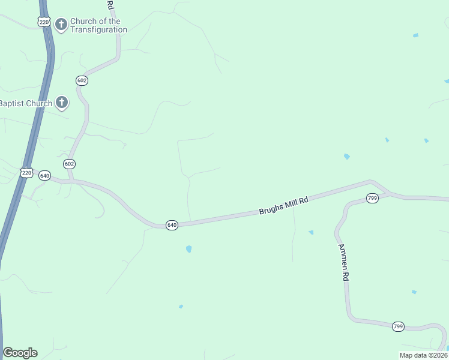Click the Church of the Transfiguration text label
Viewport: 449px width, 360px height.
pyautogui.click(x=98, y=25)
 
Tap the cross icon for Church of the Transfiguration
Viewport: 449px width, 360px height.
pyautogui.click(x=61, y=25)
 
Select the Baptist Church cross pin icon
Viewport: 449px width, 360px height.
pyautogui.click(x=62, y=103)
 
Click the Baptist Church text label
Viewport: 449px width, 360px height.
pyautogui.click(x=26, y=103)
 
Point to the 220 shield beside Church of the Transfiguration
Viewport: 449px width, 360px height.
pyautogui.click(x=43, y=22)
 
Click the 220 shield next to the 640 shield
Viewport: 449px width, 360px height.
pyautogui.click(x=26, y=172)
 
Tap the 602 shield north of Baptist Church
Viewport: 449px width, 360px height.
pyautogui.click(x=82, y=80)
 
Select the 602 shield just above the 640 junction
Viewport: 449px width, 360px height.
pyautogui.click(x=69, y=164)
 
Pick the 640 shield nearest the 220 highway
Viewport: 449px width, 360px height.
pyautogui.click(x=44, y=176)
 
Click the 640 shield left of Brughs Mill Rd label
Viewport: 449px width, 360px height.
pyautogui.click(x=172, y=225)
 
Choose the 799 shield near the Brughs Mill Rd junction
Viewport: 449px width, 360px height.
pyautogui.click(x=372, y=198)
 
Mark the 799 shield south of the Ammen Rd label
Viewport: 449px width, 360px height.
pyautogui.click(x=398, y=326)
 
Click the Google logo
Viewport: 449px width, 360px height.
pyautogui.click(x=20, y=353)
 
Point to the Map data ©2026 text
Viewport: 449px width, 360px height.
pyautogui.click(x=423, y=355)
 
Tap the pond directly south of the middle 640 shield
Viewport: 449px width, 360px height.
pyautogui.click(x=188, y=248)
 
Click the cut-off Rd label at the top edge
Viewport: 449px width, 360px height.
pyautogui.click(x=110, y=4)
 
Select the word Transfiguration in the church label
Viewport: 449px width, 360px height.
pyautogui.click(x=98, y=29)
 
